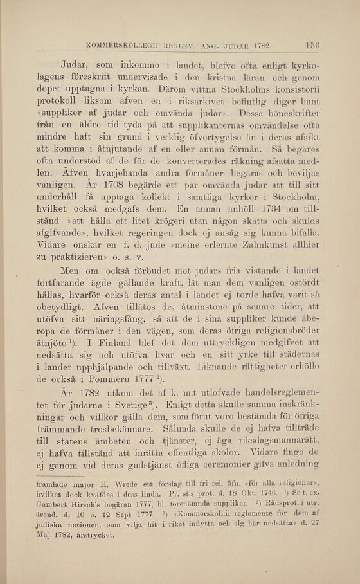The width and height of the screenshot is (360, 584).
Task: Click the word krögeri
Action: click(168, 217)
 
